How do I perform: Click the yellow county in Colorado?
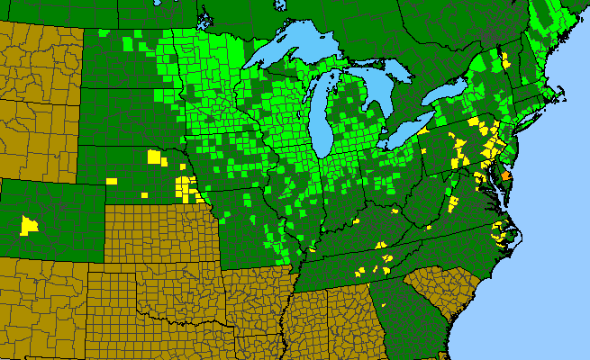point(31,224)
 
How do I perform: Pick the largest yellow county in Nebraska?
point(157,157)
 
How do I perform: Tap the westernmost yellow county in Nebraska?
point(112,181)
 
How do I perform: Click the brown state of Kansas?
point(162,235)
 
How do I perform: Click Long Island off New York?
point(532,121)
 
